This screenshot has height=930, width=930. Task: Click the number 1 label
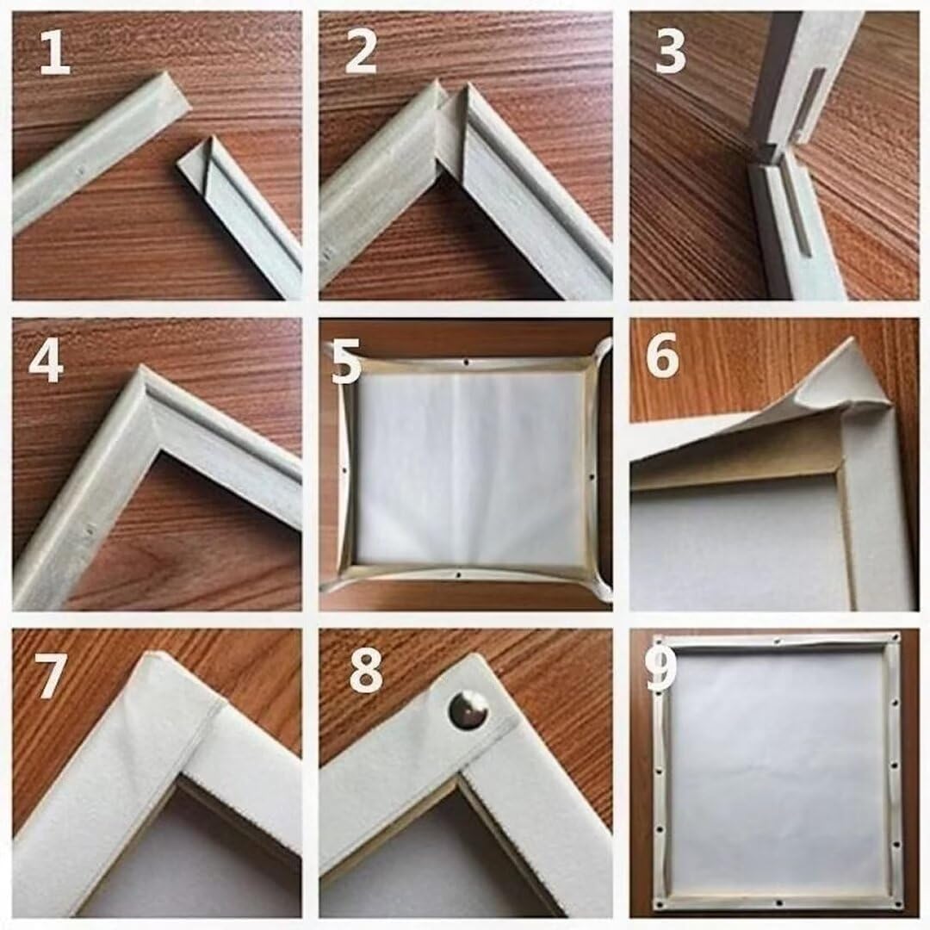[54, 53]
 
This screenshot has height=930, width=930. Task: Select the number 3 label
[670, 53]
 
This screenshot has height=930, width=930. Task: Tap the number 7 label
[50, 676]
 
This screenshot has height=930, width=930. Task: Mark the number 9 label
[660, 670]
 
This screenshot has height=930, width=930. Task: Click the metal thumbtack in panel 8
[468, 710]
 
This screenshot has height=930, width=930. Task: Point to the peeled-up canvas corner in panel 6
[842, 380]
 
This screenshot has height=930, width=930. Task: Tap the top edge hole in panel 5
[467, 361]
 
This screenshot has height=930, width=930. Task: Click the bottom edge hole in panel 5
[460, 574]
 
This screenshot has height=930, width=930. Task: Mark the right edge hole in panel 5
[592, 475]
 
